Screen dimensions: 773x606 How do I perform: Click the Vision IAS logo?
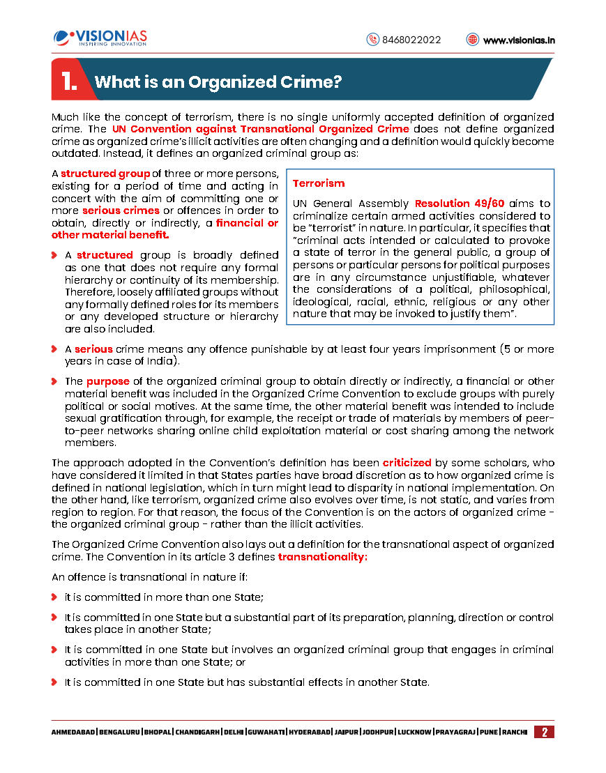[x=100, y=38]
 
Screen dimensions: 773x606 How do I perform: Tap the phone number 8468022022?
[x=411, y=40]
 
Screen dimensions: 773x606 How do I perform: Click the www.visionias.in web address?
[x=519, y=40]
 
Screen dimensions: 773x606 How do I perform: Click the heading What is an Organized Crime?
[x=218, y=82]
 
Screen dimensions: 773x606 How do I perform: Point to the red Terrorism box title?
[x=319, y=183]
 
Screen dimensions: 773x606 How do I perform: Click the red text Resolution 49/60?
[x=460, y=204]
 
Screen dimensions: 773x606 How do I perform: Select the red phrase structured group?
[x=105, y=173]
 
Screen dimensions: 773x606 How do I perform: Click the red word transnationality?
[x=322, y=557]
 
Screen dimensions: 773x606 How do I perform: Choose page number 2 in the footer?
[x=544, y=732]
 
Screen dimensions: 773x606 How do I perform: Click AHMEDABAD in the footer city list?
[x=73, y=733]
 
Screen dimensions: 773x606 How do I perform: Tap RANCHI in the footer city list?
[x=513, y=733]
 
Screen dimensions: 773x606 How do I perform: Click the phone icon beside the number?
[x=372, y=40]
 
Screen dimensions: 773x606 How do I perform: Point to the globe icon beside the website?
[x=473, y=40]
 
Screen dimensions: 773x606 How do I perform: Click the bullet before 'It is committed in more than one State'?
[x=54, y=597]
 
